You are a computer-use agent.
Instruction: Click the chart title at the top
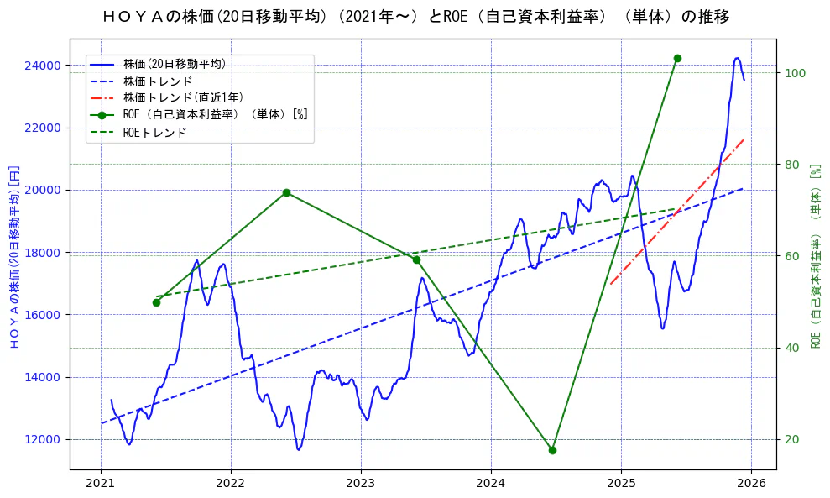415,17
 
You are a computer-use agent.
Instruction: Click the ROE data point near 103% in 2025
677,58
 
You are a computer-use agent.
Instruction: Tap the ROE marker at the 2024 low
552,450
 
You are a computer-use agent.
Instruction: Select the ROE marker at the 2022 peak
286,192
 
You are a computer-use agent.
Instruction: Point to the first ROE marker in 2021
156,302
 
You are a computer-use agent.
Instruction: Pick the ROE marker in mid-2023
416,259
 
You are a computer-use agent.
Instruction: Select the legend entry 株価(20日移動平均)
174,63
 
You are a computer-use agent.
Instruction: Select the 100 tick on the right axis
796,73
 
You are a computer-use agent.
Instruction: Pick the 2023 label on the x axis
361,484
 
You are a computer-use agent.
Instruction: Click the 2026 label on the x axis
751,484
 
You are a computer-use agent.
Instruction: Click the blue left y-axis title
13,255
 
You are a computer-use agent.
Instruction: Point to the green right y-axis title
815,255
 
